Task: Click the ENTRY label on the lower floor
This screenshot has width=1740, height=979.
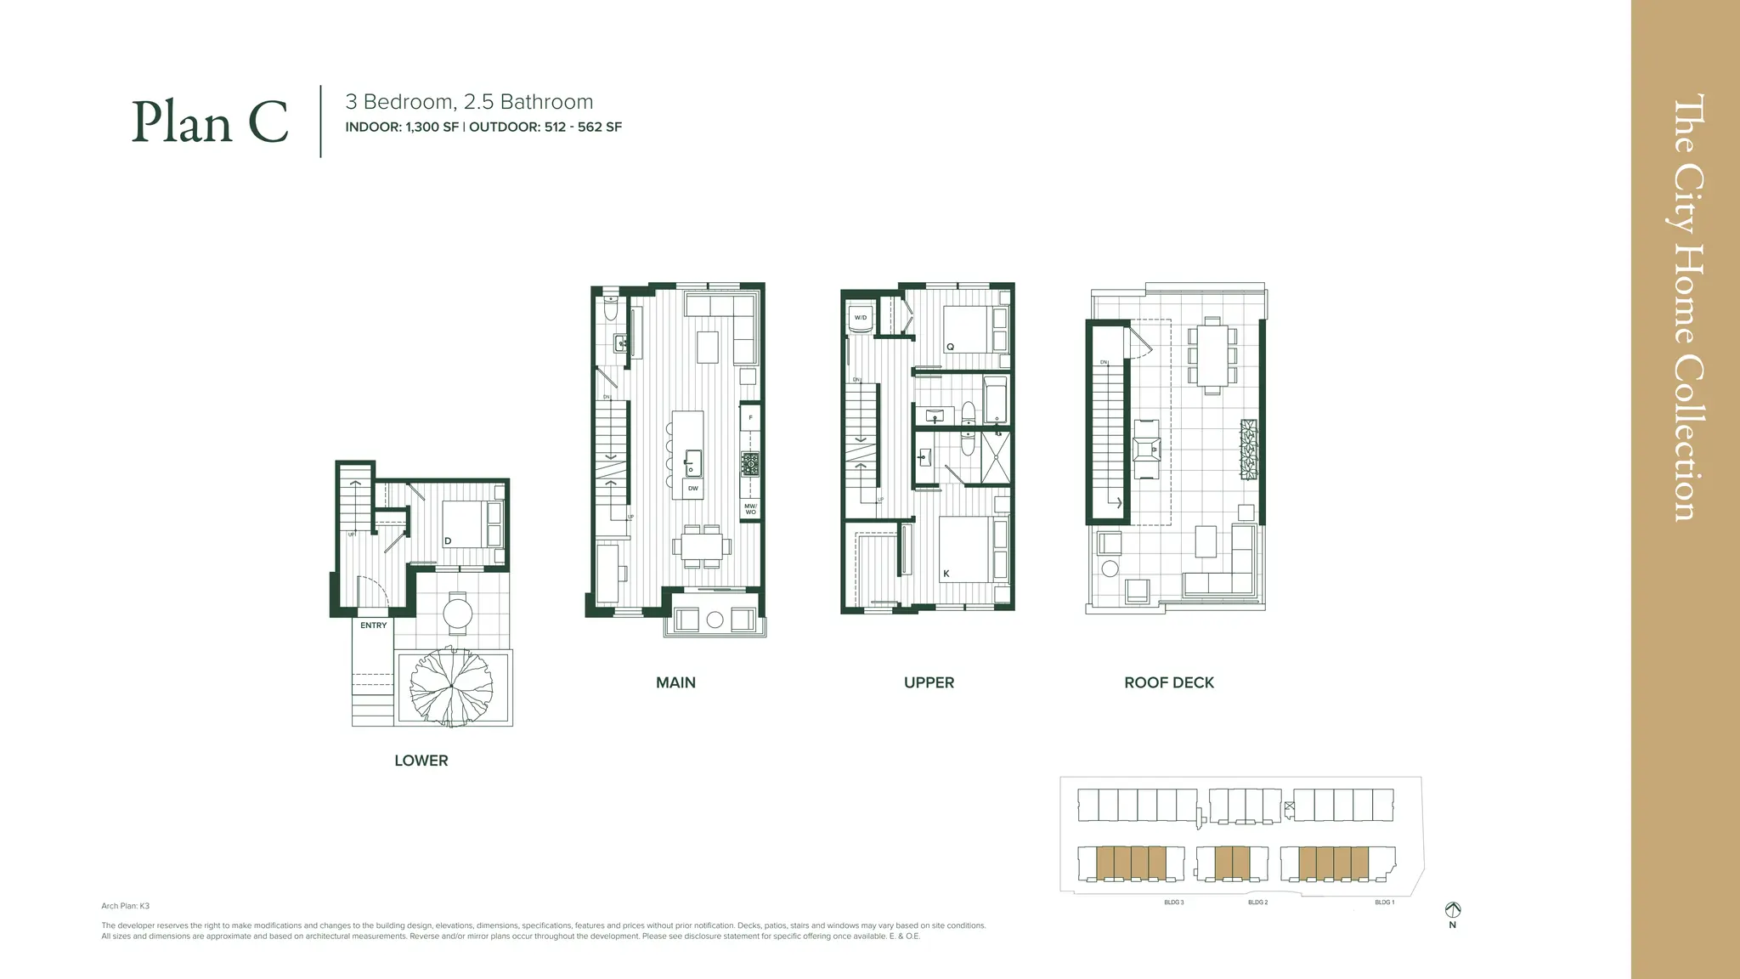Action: pyautogui.click(x=373, y=625)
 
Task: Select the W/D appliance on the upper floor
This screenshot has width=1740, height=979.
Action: pyautogui.click(x=861, y=318)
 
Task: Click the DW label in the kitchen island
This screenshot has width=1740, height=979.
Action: pyautogui.click(x=692, y=489)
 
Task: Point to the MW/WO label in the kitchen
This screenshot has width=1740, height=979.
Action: pyautogui.click(x=750, y=509)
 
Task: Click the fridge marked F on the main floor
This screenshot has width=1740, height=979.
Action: pyautogui.click(x=750, y=418)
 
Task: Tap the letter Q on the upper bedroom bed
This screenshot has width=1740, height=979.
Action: pyautogui.click(x=951, y=347)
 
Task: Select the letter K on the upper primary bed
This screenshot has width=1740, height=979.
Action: pyautogui.click(x=946, y=574)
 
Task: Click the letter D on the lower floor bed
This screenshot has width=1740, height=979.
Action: pyautogui.click(x=448, y=541)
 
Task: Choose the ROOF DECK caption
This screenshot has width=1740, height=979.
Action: pyautogui.click(x=1168, y=682)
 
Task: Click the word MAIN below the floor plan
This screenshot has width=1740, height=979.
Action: pyautogui.click(x=675, y=682)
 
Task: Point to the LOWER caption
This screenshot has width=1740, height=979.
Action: pyautogui.click(x=421, y=761)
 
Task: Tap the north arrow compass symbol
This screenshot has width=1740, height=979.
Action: pyautogui.click(x=1453, y=910)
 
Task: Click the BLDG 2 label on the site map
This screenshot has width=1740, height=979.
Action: pyautogui.click(x=1257, y=903)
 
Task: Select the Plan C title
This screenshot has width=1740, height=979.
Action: pyautogui.click(x=210, y=122)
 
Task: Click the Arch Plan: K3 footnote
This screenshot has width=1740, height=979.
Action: pyautogui.click(x=125, y=906)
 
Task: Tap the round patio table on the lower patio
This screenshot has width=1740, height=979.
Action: pyautogui.click(x=458, y=613)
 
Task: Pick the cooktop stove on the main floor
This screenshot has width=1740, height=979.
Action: pyautogui.click(x=750, y=465)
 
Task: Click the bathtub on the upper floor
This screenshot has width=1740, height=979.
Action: pyautogui.click(x=995, y=399)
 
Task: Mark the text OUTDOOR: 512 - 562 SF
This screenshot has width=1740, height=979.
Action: pyautogui.click(x=545, y=127)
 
